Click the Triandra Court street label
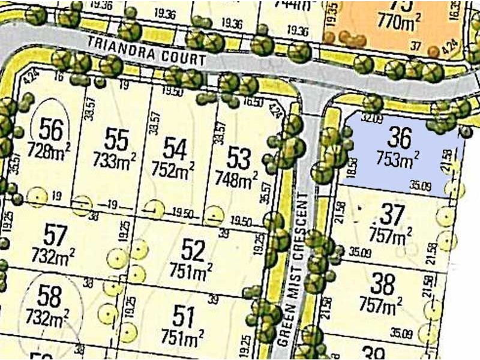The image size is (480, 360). pos(146,52)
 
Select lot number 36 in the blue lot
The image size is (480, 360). pos(400,138)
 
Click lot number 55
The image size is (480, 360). pos(116,140)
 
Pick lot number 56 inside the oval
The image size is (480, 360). pos(51,128)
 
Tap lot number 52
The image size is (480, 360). pos(193,248)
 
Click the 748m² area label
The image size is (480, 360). pos(236,178)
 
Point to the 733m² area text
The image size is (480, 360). pos(115,160)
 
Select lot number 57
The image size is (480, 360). pos(56,235)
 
